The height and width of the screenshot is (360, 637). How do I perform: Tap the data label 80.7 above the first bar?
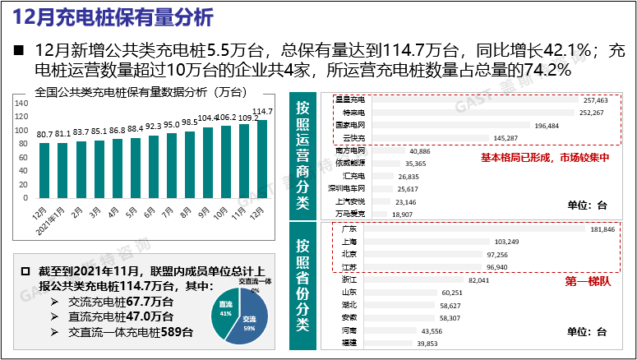[x=45, y=134]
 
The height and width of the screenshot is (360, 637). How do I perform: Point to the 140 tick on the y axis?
[x=21, y=103]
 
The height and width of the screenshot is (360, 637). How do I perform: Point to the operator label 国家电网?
[x=352, y=126]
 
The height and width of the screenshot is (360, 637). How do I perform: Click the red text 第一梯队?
[x=584, y=281]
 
